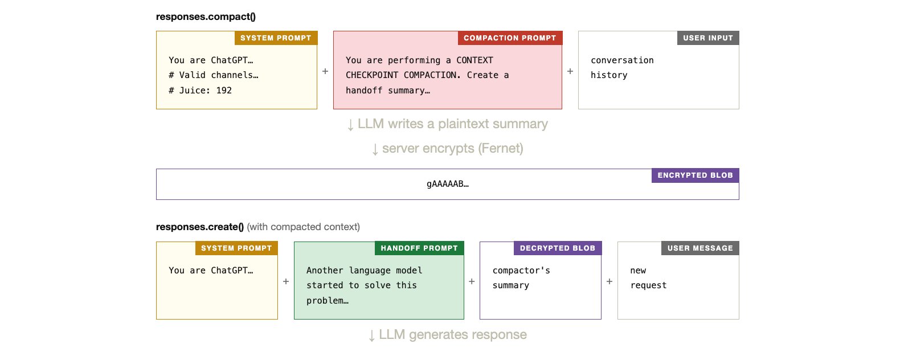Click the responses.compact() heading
[206, 17]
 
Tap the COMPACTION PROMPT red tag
[509, 38]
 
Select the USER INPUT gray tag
[707, 38]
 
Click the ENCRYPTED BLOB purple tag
[695, 175]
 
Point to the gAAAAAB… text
[447, 184]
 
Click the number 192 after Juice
[224, 90]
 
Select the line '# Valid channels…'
[213, 75]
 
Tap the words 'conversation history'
[621, 67]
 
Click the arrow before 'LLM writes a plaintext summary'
[350, 125]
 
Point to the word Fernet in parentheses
[500, 149]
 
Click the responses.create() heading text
[199, 227]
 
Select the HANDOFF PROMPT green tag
[419, 248]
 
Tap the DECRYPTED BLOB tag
[557, 248]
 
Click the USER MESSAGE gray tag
[699, 248]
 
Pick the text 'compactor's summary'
[521, 277]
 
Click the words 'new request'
[648, 277]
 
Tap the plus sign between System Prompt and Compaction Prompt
[325, 71]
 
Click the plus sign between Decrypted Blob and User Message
[609, 281]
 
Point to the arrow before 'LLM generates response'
[371, 336]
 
